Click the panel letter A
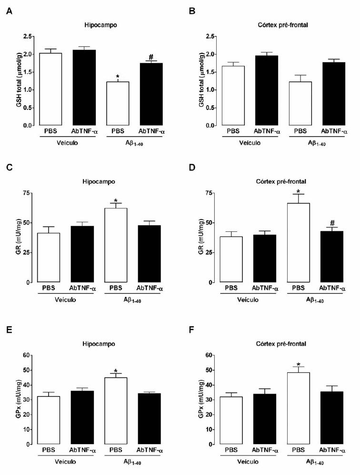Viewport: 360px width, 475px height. pos(9,10)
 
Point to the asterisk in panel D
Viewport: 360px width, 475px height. pos(298,193)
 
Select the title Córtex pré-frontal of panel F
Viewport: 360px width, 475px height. pos(279,343)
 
